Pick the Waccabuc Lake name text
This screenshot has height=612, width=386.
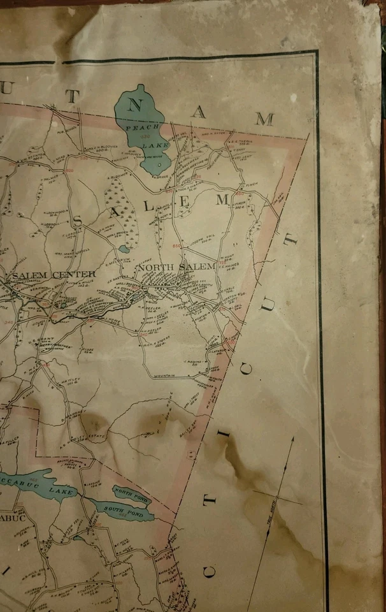(x=41, y=488)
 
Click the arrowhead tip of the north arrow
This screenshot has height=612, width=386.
(x=294, y=437)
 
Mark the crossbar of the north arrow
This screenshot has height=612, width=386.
(x=278, y=497)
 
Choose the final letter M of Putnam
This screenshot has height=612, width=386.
(x=266, y=119)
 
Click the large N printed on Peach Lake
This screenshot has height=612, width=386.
(x=134, y=106)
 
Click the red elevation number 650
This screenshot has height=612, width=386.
(x=176, y=246)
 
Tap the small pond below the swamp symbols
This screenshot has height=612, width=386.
(x=124, y=249)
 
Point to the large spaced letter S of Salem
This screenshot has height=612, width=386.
(x=79, y=221)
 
